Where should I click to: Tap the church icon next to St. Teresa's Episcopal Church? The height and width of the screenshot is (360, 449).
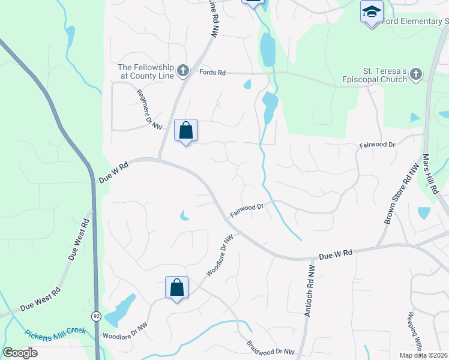pos(415,74)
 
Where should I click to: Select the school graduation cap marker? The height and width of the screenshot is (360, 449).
pos(372,12)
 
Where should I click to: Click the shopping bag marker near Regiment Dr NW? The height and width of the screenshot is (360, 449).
pos(186,130)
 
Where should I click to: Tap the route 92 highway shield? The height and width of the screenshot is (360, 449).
pos(97,315)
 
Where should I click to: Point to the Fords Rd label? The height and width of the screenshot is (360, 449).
pos(212,73)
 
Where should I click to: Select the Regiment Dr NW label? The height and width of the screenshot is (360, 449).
pos(149,109)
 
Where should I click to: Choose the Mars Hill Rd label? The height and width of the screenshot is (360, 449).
pos(430,173)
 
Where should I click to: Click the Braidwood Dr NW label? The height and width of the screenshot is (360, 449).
pos(271,348)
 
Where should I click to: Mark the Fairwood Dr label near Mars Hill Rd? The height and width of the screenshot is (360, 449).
pos(377,145)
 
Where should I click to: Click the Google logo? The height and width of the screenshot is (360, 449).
pos(20,353)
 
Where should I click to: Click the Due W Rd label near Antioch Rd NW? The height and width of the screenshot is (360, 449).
pos(334,255)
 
